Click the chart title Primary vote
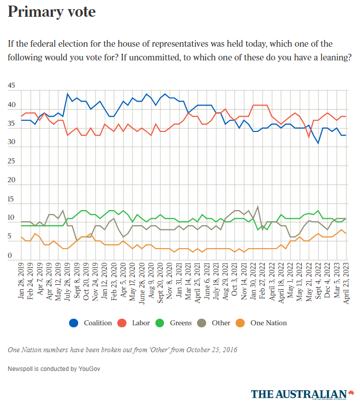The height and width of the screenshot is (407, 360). [x=52, y=12]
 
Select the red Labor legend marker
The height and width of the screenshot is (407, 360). [x=122, y=323]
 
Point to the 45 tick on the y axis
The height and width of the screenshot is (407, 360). [x=12, y=86]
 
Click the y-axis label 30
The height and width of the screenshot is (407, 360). [x=12, y=143]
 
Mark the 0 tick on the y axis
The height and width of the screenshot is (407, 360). [x=10, y=256]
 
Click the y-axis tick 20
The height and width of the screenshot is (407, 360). [x=12, y=180]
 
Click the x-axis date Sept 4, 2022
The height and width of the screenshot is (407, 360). [x=318, y=283]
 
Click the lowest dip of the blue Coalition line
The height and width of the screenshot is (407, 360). [x=318, y=143]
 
